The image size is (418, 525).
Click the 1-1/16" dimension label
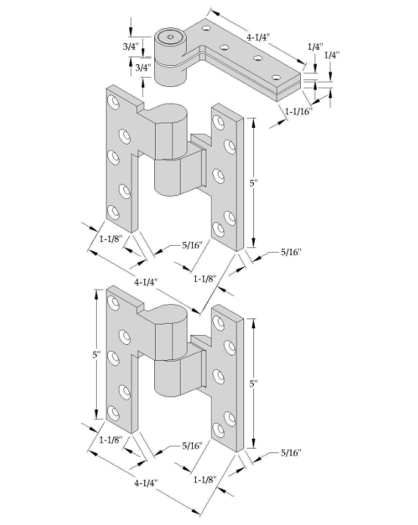[299, 111]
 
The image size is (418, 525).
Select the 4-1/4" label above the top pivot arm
[258, 37]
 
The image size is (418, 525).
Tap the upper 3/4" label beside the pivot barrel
[131, 47]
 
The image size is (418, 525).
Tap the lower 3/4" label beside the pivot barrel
[144, 67]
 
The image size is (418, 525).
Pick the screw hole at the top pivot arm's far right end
[276, 77]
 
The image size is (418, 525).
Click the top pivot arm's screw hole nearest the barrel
[206, 28]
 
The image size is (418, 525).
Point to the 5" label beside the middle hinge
[253, 183]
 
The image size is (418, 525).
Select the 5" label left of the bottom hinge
[97, 354]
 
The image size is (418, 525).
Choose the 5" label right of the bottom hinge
[253, 384]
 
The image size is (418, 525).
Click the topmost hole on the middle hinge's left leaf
[113, 102]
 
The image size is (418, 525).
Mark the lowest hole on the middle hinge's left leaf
[113, 213]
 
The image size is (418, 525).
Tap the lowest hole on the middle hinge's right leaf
[218, 229]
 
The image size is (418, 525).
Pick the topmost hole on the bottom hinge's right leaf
[218, 323]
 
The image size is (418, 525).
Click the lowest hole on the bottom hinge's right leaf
[218, 430]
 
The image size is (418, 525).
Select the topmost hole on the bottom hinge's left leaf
[113, 303]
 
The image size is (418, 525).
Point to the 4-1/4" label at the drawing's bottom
[146, 483]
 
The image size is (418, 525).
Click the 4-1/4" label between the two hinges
[146, 282]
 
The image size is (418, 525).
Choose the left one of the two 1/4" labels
[316, 47]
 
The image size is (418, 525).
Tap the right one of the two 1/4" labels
[332, 54]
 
